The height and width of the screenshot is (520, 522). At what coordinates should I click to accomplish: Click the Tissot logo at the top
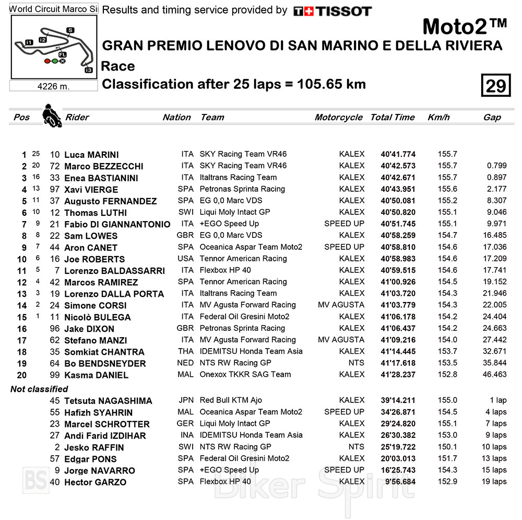(332, 11)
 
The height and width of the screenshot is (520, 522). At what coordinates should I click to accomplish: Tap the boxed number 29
(495, 85)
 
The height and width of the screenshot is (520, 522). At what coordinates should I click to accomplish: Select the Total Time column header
(393, 118)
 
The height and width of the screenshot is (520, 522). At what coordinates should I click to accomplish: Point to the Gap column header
(492, 118)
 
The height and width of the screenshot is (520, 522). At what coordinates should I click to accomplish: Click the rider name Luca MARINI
(91, 155)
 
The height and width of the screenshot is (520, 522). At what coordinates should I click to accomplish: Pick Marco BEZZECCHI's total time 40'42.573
(398, 166)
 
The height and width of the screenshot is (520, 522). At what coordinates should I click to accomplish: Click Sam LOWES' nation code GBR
(185, 235)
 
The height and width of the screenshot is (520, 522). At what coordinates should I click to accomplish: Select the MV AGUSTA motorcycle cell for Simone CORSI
(341, 305)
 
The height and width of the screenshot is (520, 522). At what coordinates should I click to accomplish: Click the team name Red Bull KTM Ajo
(231, 400)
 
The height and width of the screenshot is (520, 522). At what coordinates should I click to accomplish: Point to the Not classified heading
(39, 389)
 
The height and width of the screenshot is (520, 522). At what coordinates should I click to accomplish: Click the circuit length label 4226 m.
(54, 86)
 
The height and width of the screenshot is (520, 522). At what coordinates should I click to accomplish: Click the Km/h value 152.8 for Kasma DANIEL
(447, 374)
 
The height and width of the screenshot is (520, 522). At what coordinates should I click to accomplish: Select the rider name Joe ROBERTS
(94, 259)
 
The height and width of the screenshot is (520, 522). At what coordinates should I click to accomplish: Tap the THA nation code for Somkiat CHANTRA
(185, 351)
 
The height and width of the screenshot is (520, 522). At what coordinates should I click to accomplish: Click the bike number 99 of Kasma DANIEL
(55, 375)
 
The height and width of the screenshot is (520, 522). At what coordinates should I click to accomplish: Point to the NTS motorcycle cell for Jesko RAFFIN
(357, 447)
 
